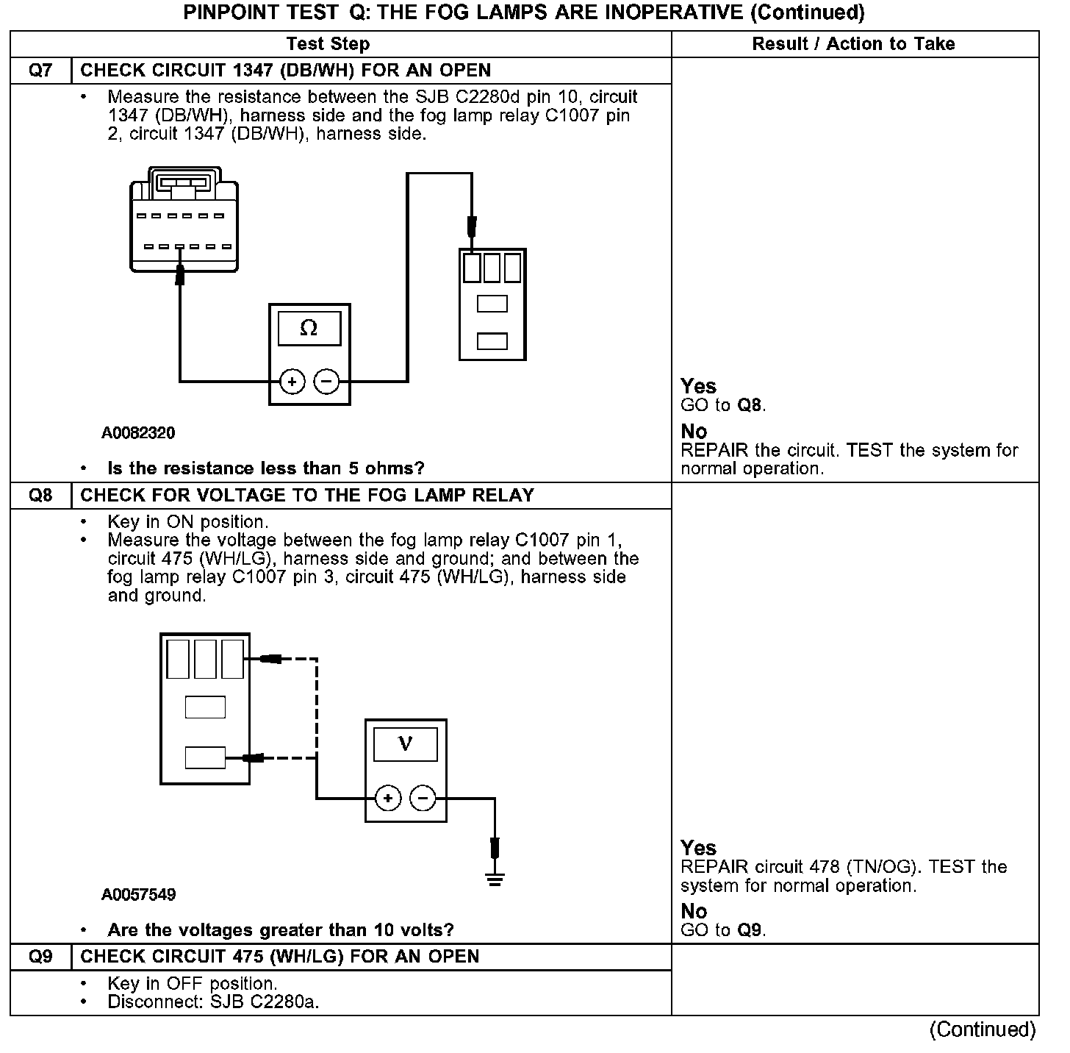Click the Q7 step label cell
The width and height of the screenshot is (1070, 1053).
tap(40, 71)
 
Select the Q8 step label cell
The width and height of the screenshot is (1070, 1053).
tap(40, 496)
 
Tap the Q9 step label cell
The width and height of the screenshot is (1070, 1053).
tap(40, 957)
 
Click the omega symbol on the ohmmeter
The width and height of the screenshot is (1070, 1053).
tap(309, 328)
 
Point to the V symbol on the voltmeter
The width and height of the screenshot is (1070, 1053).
tap(405, 744)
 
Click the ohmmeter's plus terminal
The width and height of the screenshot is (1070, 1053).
tap(292, 382)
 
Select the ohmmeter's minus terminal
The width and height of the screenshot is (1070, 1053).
tap(326, 382)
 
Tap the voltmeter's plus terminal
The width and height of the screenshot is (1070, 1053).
tap(388, 798)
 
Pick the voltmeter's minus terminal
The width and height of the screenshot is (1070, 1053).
tap(423, 798)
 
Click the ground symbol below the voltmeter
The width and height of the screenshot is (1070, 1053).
tap(495, 878)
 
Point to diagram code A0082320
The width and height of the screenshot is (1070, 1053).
tap(138, 433)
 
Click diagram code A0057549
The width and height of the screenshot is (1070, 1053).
tap(138, 895)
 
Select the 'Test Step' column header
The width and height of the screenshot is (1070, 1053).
tap(328, 44)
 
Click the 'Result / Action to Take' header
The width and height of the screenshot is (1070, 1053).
tap(853, 44)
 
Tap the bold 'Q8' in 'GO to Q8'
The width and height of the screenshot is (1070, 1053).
tap(750, 405)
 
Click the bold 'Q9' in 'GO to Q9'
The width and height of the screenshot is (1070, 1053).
tap(750, 930)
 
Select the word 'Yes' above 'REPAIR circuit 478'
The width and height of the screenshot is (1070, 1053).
tap(698, 848)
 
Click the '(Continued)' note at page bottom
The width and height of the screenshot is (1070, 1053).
tap(983, 1029)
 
